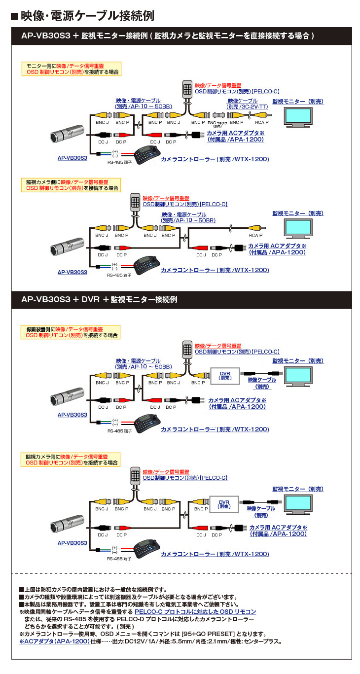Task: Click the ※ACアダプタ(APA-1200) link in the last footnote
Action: coord(54,641)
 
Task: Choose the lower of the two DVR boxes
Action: coord(224,504)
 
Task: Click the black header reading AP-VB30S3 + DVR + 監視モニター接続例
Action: coord(99,299)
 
